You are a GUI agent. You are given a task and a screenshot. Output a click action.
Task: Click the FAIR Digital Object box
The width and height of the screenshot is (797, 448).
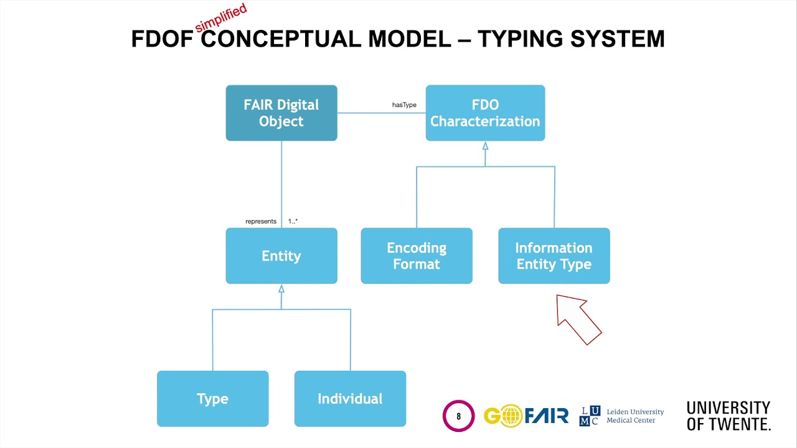click(x=281, y=113)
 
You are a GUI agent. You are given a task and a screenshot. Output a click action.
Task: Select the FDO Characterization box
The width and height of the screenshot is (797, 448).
click(x=485, y=113)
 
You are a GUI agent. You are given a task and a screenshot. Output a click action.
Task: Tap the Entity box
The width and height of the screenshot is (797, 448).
click(x=281, y=256)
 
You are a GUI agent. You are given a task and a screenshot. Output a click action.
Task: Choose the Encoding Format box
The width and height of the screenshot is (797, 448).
click(x=417, y=256)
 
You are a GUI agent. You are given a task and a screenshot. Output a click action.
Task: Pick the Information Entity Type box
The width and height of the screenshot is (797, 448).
click(x=554, y=256)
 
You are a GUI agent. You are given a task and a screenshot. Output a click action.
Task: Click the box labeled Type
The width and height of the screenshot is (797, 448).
click(x=212, y=399)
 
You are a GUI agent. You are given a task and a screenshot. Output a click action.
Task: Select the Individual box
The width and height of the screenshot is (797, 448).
click(x=350, y=399)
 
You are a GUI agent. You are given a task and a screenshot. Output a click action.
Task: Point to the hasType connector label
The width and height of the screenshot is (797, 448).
click(x=404, y=105)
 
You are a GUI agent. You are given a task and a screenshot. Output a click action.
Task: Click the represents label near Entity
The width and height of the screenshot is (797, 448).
click(x=261, y=222)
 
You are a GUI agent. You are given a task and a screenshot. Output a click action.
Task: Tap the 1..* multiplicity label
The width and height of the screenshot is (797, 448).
click(x=293, y=222)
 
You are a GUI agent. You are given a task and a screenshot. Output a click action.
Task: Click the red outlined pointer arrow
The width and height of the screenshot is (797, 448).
click(x=578, y=318)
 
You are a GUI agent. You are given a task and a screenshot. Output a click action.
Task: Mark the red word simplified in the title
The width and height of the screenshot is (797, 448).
click(x=221, y=18)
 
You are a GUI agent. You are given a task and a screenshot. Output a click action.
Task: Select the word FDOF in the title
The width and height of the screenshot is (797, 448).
click(x=163, y=39)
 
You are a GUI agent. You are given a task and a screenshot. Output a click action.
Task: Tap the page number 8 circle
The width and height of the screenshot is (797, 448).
click(x=459, y=416)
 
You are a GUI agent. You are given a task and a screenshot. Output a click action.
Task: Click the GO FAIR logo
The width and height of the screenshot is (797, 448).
click(x=526, y=415)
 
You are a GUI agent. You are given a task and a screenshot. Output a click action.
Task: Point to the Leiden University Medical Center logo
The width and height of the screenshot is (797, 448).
click(x=621, y=416)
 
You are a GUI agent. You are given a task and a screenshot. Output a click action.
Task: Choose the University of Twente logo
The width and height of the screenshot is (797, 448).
click(x=729, y=416)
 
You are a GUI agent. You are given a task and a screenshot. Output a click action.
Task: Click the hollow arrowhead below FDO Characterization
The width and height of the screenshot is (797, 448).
click(x=485, y=147)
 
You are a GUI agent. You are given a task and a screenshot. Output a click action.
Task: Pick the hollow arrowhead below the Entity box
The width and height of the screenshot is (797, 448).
click(x=281, y=289)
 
